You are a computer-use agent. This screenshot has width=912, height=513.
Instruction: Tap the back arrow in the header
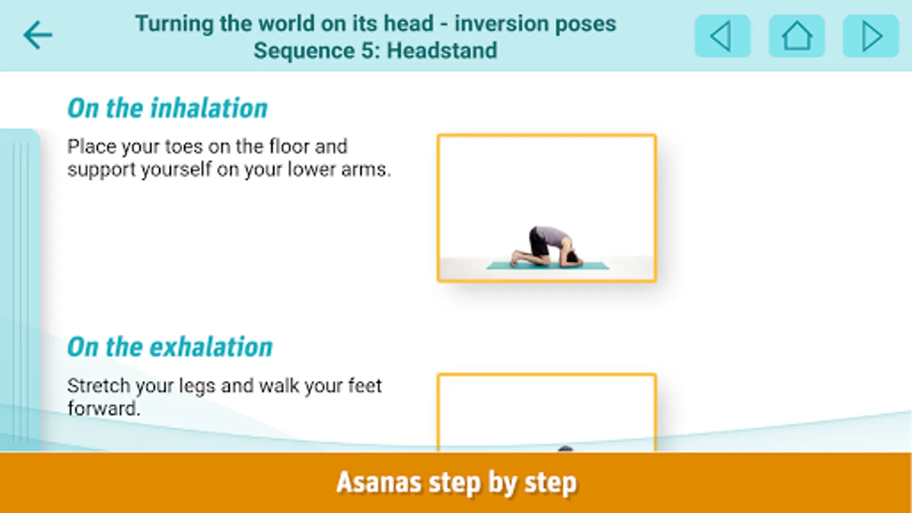click(x=38, y=35)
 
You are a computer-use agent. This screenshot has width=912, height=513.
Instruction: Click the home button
click(x=797, y=36)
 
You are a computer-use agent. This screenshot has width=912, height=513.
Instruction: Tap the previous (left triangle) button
click(x=723, y=36)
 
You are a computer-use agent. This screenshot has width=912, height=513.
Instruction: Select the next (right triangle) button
click(x=871, y=36)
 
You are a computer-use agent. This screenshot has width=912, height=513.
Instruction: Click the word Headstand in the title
click(x=442, y=51)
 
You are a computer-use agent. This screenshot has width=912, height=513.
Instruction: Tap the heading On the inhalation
click(x=168, y=108)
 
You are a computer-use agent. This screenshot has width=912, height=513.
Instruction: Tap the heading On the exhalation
click(x=170, y=347)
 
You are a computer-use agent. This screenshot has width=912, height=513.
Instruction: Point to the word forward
click(x=104, y=408)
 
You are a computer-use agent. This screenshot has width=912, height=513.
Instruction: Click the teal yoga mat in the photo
click(x=548, y=266)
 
